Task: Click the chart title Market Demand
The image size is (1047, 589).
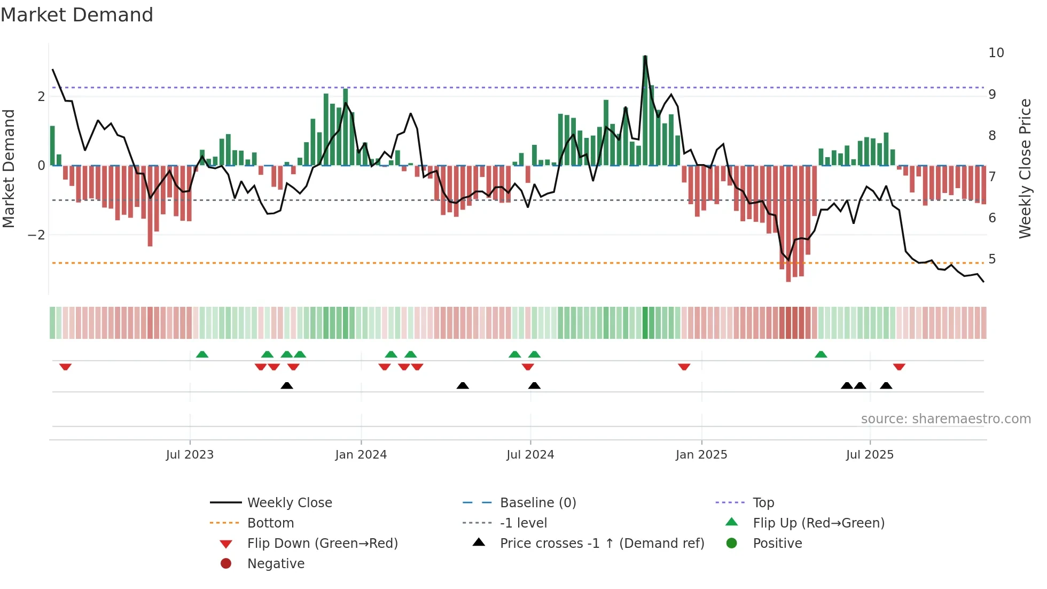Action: (77, 15)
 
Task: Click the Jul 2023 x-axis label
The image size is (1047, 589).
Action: (190, 455)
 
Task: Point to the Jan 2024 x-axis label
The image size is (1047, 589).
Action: (361, 455)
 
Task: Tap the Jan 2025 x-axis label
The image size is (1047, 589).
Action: (701, 455)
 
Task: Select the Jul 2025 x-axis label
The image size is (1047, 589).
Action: (870, 455)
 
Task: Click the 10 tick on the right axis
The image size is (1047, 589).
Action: (996, 53)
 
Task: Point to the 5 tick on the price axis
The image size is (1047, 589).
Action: (992, 259)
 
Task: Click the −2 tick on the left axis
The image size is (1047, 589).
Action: (36, 235)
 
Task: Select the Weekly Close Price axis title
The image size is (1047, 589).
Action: (1025, 168)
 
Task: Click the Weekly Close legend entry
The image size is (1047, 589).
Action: (289, 503)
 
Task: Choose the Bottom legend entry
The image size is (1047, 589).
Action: (270, 523)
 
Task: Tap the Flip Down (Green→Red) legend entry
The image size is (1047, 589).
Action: (322, 544)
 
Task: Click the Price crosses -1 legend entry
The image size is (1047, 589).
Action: (601, 544)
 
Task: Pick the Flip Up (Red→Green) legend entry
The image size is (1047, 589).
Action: (818, 523)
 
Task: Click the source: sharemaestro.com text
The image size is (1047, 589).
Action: (946, 419)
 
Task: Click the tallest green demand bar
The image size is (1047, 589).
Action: (645, 111)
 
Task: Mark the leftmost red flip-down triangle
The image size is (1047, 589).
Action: (65, 367)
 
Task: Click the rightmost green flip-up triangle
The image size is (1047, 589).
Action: (821, 354)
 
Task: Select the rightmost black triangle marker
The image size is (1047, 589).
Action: (886, 385)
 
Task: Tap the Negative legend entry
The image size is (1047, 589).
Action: (276, 564)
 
